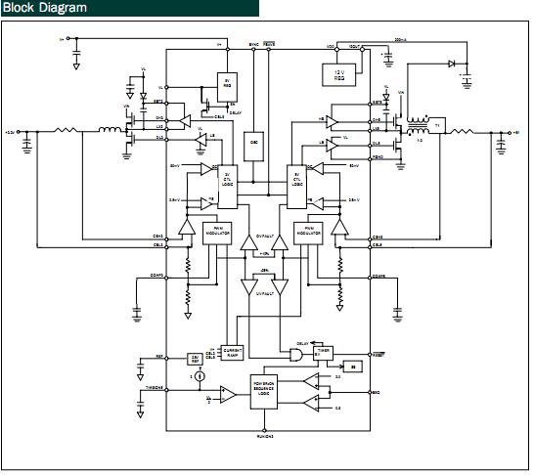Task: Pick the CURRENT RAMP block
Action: coord(232,353)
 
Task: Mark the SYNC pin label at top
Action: coord(253,44)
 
